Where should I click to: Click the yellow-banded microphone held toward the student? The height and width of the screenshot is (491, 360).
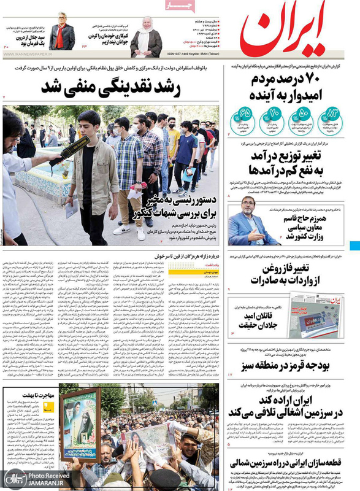pyautogui.click(x=69, y=151)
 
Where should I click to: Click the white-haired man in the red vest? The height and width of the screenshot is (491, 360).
pyautogui.click(x=63, y=34)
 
